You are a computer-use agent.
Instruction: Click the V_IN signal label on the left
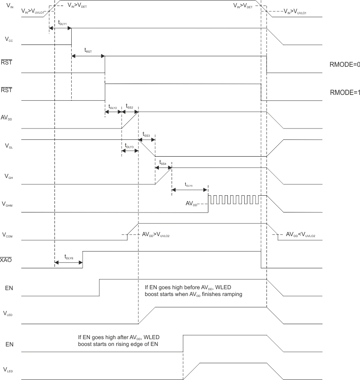point(8,6)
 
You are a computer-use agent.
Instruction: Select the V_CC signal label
point(8,40)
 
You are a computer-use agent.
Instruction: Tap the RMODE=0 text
point(345,64)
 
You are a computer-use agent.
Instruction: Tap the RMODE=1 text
point(345,92)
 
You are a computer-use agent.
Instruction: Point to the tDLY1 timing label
point(63,22)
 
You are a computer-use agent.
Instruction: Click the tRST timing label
point(88,51)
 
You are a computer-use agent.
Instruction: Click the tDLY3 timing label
point(129,147)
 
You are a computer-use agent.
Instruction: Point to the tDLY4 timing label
point(189,184)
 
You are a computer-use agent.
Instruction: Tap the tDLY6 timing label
point(69,257)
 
